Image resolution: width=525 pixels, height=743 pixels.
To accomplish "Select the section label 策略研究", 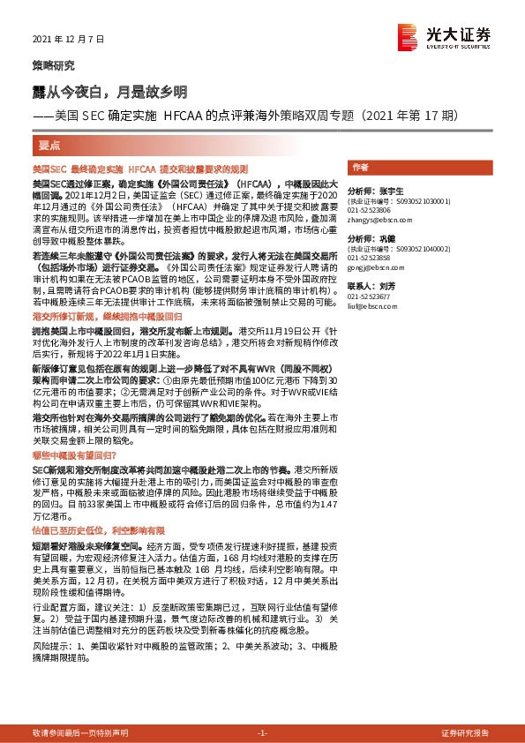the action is (x=54, y=65).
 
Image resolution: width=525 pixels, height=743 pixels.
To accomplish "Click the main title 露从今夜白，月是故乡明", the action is (x=110, y=92).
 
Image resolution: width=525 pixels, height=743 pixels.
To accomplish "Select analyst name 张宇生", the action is (x=393, y=191).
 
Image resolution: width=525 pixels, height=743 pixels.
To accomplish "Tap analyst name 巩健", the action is (x=387, y=239).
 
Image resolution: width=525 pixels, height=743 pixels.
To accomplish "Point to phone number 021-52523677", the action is (x=369, y=297).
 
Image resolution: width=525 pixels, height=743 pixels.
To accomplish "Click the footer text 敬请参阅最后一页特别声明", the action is (x=80, y=733).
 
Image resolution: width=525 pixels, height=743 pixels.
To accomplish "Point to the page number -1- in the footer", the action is (x=262, y=733).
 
